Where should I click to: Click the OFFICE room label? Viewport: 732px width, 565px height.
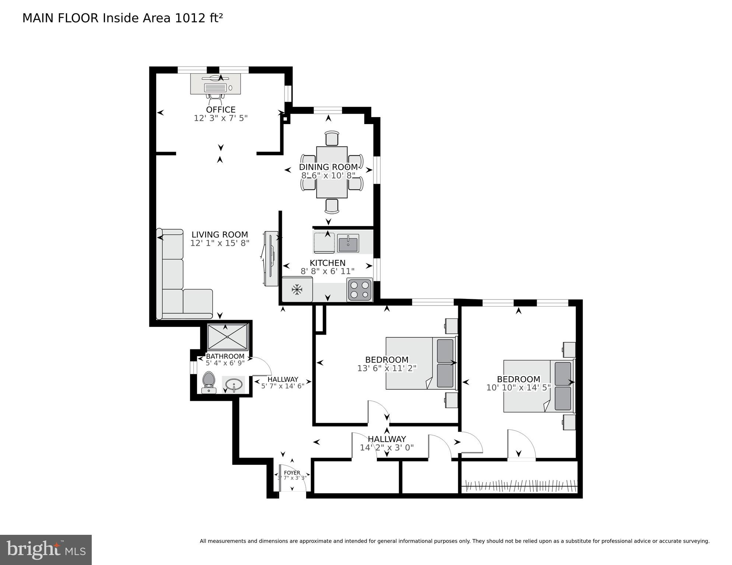tap(221, 110)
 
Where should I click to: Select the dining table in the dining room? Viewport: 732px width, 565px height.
tap(332, 172)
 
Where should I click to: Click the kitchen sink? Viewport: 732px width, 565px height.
tap(348, 243)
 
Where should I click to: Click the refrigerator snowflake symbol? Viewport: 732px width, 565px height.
tap(297, 290)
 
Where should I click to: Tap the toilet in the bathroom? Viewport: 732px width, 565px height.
tap(209, 382)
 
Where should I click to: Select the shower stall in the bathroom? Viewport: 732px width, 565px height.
tap(228, 337)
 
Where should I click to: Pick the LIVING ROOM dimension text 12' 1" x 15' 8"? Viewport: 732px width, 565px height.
tap(220, 243)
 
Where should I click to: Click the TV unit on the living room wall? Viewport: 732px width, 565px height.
tap(271, 258)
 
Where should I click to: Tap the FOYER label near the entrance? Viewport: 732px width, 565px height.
tap(292, 473)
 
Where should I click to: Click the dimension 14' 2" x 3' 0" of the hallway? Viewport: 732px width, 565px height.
tap(386, 448)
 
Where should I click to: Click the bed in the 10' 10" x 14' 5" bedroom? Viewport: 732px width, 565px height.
tap(538, 386)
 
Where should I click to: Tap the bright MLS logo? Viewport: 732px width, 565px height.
tap(46, 550)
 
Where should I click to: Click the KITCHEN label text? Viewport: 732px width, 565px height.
tap(327, 263)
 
